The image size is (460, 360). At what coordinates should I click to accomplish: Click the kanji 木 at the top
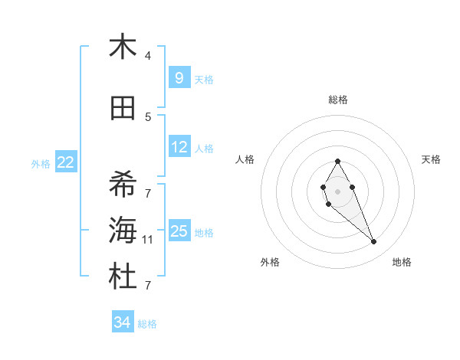pyautogui.click(x=123, y=47)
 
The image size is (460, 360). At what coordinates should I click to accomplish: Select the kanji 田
pyautogui.click(x=123, y=109)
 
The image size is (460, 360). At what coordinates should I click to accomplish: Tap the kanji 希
pyautogui.click(x=123, y=185)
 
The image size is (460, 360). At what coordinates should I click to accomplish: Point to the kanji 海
pyautogui.click(x=123, y=231)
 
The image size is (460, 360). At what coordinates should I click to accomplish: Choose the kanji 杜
pyautogui.click(x=123, y=277)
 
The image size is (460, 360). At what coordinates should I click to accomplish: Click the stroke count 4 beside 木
pyautogui.click(x=148, y=56)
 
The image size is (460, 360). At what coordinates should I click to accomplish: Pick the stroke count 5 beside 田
pyautogui.click(x=148, y=116)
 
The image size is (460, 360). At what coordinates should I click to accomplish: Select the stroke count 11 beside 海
pyautogui.click(x=148, y=240)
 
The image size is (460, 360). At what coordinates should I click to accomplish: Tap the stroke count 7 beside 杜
pyautogui.click(x=148, y=286)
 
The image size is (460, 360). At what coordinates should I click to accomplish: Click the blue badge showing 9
pyautogui.click(x=179, y=77)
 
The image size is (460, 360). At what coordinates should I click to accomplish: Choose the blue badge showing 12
pyautogui.click(x=179, y=147)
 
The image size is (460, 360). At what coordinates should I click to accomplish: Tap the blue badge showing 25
pyautogui.click(x=179, y=231)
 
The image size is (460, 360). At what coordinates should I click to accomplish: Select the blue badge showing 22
pyautogui.click(x=66, y=162)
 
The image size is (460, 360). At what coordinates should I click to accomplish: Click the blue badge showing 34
pyautogui.click(x=122, y=322)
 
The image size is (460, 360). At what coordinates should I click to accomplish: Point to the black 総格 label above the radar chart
pyautogui.click(x=338, y=100)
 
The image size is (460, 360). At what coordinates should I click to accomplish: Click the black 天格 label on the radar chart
pyautogui.click(x=432, y=159)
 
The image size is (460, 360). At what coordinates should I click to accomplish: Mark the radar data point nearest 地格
pyautogui.click(x=373, y=242)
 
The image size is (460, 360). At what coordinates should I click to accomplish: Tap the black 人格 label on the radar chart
pyautogui.click(x=245, y=159)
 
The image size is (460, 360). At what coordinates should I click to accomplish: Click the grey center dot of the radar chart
pyautogui.click(x=337, y=191)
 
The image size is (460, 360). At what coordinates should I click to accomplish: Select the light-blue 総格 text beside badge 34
pyautogui.click(x=147, y=324)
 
